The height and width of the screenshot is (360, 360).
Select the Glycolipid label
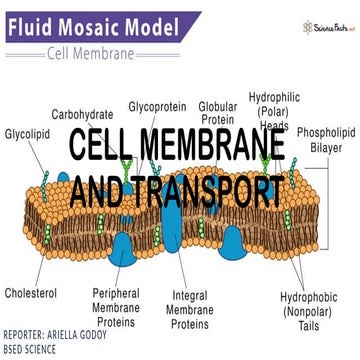point(27,132)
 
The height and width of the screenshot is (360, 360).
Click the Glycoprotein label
point(159,104)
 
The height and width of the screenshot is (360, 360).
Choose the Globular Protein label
point(217,112)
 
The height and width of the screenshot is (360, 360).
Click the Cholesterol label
point(31,294)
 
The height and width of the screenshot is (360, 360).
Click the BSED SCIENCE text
point(41,349)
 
